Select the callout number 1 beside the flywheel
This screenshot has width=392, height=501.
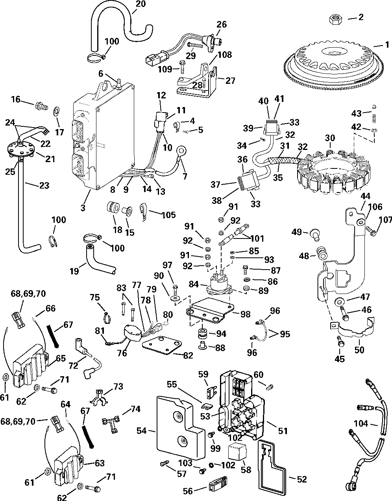[x=387, y=45]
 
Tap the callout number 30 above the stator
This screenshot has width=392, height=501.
[x=330, y=138]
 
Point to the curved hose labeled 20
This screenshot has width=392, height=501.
[x=120, y=28]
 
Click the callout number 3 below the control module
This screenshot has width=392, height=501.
[x=83, y=207]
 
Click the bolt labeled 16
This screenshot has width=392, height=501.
[x=41, y=107]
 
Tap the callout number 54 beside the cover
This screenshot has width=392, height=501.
[x=142, y=430]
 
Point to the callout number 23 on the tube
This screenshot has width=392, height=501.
[x=44, y=185]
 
